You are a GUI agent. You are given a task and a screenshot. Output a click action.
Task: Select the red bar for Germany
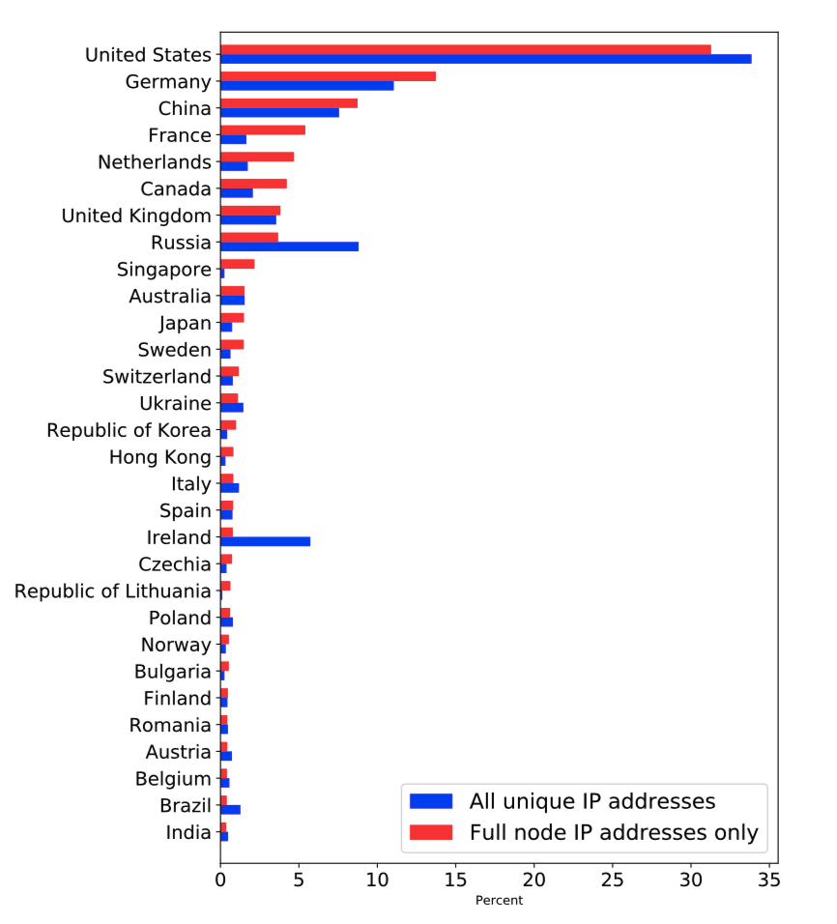coord(328,76)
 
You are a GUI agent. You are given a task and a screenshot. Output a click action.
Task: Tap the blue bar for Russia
coord(289,246)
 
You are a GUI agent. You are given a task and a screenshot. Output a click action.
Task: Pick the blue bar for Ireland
coord(265,541)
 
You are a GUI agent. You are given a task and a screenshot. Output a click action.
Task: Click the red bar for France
coord(263,130)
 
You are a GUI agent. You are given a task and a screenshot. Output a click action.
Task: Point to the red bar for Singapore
coord(237,264)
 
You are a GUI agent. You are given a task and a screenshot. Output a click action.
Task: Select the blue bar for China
coord(279,113)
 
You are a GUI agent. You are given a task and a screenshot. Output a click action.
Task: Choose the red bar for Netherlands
coord(257,157)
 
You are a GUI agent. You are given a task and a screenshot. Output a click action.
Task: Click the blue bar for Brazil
coord(230,809)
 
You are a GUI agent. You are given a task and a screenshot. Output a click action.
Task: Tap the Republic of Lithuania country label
coord(112,591)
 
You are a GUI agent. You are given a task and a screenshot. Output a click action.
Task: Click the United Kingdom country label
coord(136,216)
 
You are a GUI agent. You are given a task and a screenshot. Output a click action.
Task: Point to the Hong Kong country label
coord(159,457)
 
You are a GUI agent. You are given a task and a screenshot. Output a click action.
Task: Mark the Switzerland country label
coord(157,376)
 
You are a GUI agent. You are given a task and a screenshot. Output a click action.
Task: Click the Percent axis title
coord(499,901)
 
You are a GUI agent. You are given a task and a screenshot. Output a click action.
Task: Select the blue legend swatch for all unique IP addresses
coord(430,800)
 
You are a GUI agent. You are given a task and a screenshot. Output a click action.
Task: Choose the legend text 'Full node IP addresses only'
coord(614,832)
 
